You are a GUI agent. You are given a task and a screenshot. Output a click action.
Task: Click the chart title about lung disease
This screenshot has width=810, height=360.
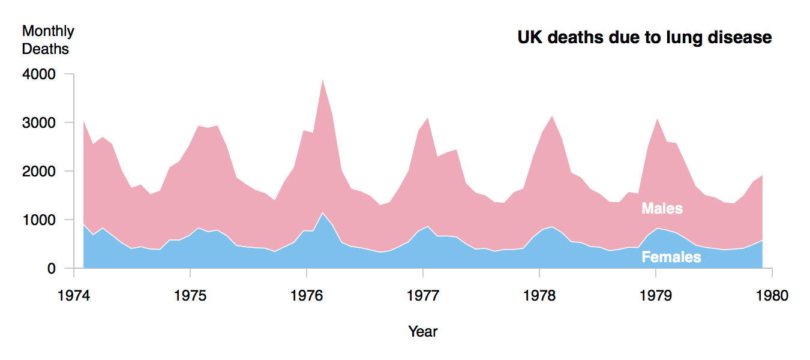pos(644,37)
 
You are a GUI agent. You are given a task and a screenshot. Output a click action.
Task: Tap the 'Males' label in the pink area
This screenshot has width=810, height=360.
pos(662,208)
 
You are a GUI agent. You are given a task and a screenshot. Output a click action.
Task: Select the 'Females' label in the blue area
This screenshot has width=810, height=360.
pos(671,257)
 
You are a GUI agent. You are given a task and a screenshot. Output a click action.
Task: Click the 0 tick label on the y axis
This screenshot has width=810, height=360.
pos(52,269)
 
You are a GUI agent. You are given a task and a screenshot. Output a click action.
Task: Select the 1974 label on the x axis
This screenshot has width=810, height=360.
pos(74,295)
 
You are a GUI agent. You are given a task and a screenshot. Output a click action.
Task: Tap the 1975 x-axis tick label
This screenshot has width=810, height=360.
pos(190,295)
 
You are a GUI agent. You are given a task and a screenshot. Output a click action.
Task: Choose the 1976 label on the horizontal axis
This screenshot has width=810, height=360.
pos(307,295)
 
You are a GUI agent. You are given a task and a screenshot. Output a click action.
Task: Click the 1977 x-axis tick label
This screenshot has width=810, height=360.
pos(423,295)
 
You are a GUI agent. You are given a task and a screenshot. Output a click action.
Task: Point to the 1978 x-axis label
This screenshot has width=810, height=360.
pos(539,295)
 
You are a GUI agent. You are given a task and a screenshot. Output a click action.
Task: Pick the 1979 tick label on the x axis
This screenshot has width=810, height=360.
pos(656,295)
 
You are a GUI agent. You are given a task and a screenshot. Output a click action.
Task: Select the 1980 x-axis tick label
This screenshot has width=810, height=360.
pos(772,295)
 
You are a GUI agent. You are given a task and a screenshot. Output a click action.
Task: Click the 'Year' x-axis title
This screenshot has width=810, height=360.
pos(423,331)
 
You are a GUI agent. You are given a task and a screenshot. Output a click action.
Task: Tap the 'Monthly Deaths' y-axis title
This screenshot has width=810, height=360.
pos(48,40)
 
